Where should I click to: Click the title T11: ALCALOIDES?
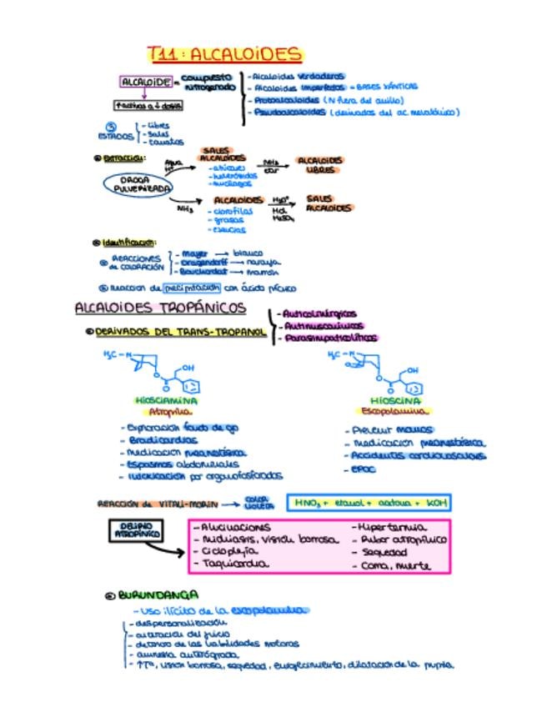(224, 55)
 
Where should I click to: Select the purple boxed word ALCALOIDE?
(146, 82)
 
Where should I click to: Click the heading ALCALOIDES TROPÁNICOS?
(161, 308)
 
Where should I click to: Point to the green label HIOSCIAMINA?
(168, 400)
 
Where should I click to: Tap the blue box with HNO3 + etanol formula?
(367, 503)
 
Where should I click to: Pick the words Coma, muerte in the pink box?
(395, 565)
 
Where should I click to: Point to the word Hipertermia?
(391, 528)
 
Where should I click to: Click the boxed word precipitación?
(192, 288)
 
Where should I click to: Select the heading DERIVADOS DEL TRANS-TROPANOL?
(179, 332)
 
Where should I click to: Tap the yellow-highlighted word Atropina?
(169, 411)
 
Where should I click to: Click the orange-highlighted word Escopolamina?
(394, 411)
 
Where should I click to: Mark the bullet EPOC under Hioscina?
(361, 469)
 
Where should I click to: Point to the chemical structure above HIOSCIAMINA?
(158, 371)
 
